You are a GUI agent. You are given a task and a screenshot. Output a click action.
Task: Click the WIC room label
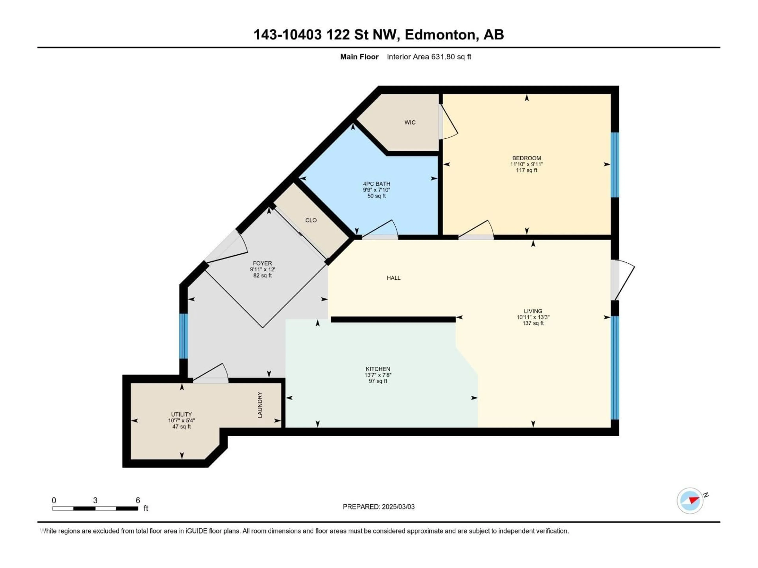point(410,122)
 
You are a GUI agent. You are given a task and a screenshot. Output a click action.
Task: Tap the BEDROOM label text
point(526,158)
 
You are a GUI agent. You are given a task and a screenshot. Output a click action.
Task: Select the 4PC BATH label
point(377,184)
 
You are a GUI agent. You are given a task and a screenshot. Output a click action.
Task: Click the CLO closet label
point(311,220)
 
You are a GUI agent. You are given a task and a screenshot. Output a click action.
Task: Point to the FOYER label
point(262,263)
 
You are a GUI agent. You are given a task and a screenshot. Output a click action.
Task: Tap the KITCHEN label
point(378,369)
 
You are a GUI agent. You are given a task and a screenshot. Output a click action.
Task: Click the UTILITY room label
point(181,414)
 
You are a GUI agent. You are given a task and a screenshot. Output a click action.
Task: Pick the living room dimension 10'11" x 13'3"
point(533,317)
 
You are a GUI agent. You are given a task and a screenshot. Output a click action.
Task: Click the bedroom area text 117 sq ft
point(526,170)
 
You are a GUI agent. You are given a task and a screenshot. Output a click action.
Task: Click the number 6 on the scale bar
point(138,500)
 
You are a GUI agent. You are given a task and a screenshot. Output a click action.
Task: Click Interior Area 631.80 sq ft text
point(429,57)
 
